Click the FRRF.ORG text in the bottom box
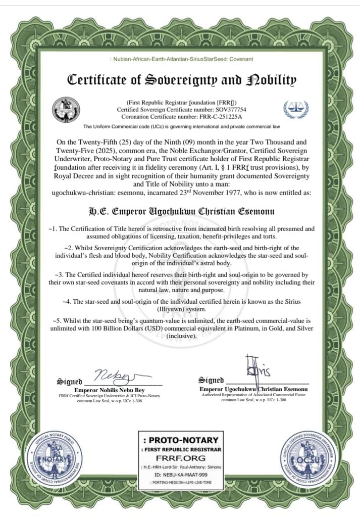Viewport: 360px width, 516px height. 180,458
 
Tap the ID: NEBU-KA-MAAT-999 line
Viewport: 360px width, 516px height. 180,475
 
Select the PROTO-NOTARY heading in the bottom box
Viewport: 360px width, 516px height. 180,440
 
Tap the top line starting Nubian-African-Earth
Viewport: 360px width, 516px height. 181,60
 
